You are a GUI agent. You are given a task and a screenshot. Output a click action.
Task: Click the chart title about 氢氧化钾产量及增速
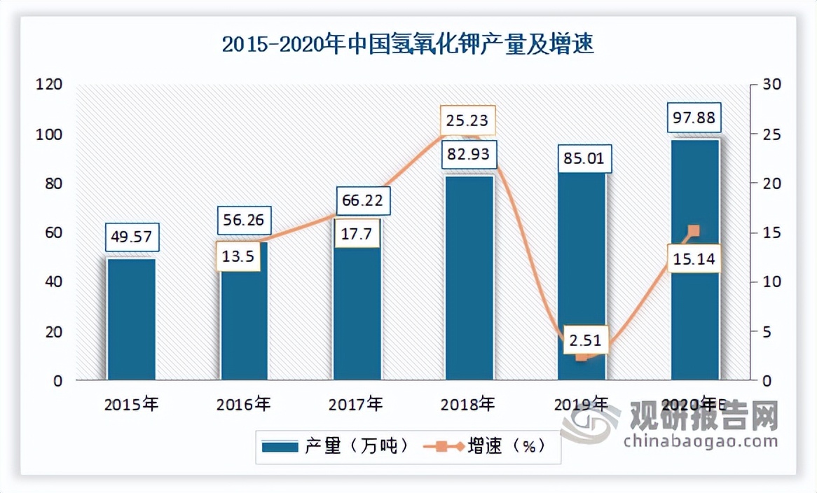[x=408, y=45]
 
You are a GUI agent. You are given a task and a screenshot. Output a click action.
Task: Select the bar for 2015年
[x=131, y=319]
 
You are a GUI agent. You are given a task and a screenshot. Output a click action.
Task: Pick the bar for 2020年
[x=695, y=260]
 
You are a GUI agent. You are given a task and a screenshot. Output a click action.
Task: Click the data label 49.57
[x=132, y=237]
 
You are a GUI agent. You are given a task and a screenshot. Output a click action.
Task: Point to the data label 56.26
[x=243, y=221]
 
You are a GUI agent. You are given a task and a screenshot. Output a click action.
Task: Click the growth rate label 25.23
[x=467, y=120]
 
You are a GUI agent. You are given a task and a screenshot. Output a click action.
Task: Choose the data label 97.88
[x=694, y=118]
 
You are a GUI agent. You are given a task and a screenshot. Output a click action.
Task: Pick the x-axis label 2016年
[x=243, y=404]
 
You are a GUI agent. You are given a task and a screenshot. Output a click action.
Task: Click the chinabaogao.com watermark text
[x=699, y=440]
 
